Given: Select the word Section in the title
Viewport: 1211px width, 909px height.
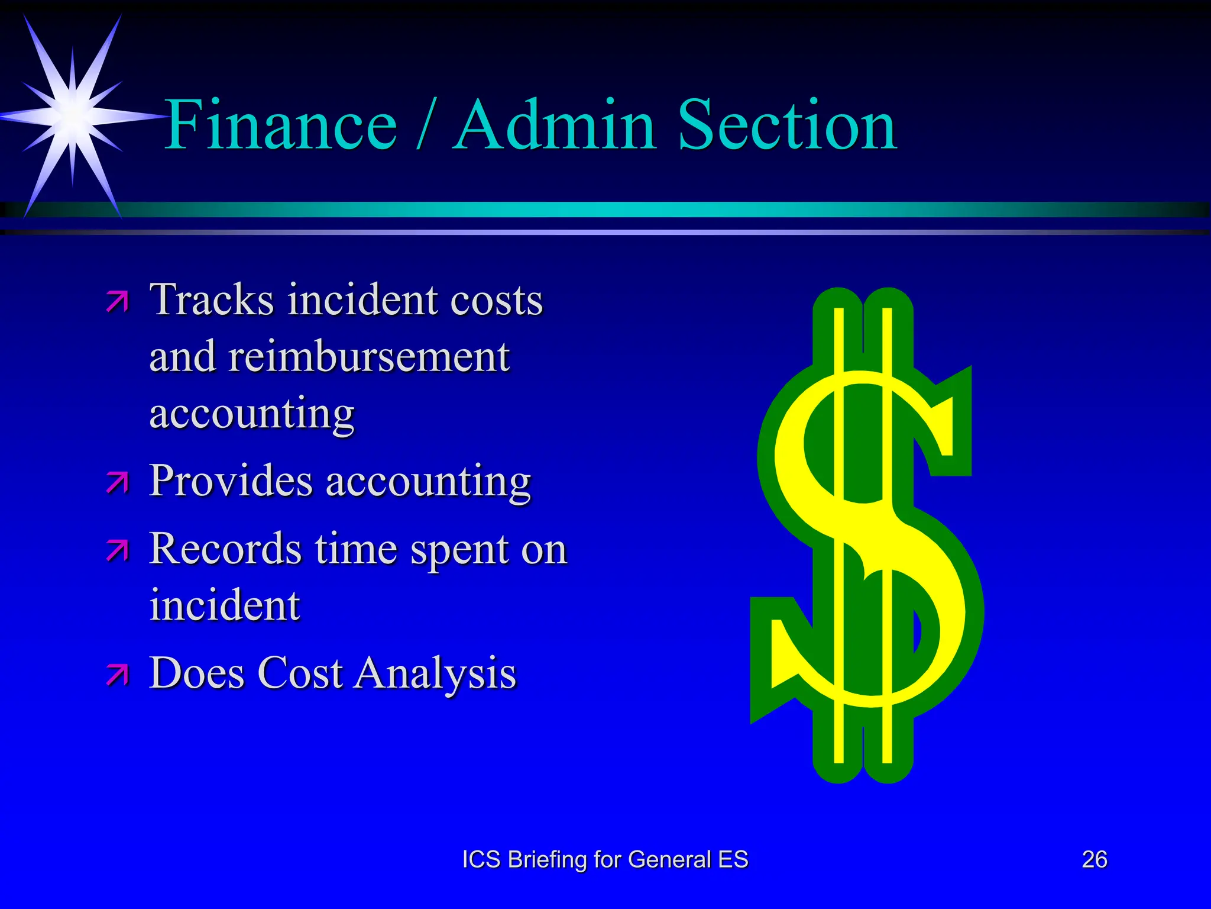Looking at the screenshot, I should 787,125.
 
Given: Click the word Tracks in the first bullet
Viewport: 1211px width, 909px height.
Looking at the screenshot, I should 211,300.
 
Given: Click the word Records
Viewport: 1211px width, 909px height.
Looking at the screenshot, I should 225,549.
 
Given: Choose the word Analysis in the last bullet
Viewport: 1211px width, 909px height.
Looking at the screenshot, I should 435,673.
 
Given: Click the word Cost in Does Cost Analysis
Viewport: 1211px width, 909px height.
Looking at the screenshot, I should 300,673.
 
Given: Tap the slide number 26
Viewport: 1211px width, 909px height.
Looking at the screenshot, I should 1095,859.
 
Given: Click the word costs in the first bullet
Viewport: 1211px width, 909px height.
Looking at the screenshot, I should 496,300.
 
